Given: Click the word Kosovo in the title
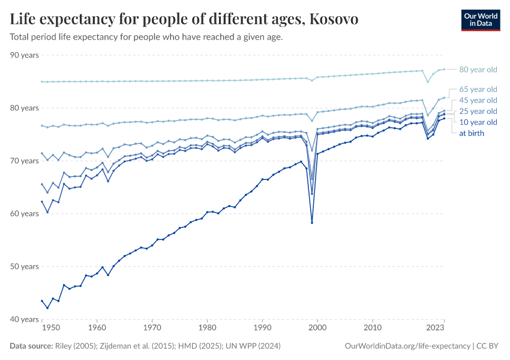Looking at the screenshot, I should (x=332, y=20).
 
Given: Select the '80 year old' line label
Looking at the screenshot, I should (x=478, y=70).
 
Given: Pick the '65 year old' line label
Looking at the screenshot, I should (x=478, y=89).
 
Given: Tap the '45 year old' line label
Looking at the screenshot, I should (x=478, y=100).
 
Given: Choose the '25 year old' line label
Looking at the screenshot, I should (x=478, y=112).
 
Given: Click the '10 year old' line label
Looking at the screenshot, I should (x=478, y=122).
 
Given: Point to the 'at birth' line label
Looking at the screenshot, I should (x=471, y=133).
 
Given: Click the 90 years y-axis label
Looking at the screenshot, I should (x=25, y=55).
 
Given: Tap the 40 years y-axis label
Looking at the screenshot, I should (x=25, y=319).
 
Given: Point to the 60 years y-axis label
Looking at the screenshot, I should (x=25, y=214).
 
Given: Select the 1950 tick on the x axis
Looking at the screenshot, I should (x=51, y=328).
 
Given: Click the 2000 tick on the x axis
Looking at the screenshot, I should (x=317, y=328).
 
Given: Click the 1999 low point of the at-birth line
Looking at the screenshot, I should (x=312, y=223).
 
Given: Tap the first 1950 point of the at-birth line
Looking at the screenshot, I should (x=42, y=301).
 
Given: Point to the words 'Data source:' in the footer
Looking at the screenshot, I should (x=31, y=346).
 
